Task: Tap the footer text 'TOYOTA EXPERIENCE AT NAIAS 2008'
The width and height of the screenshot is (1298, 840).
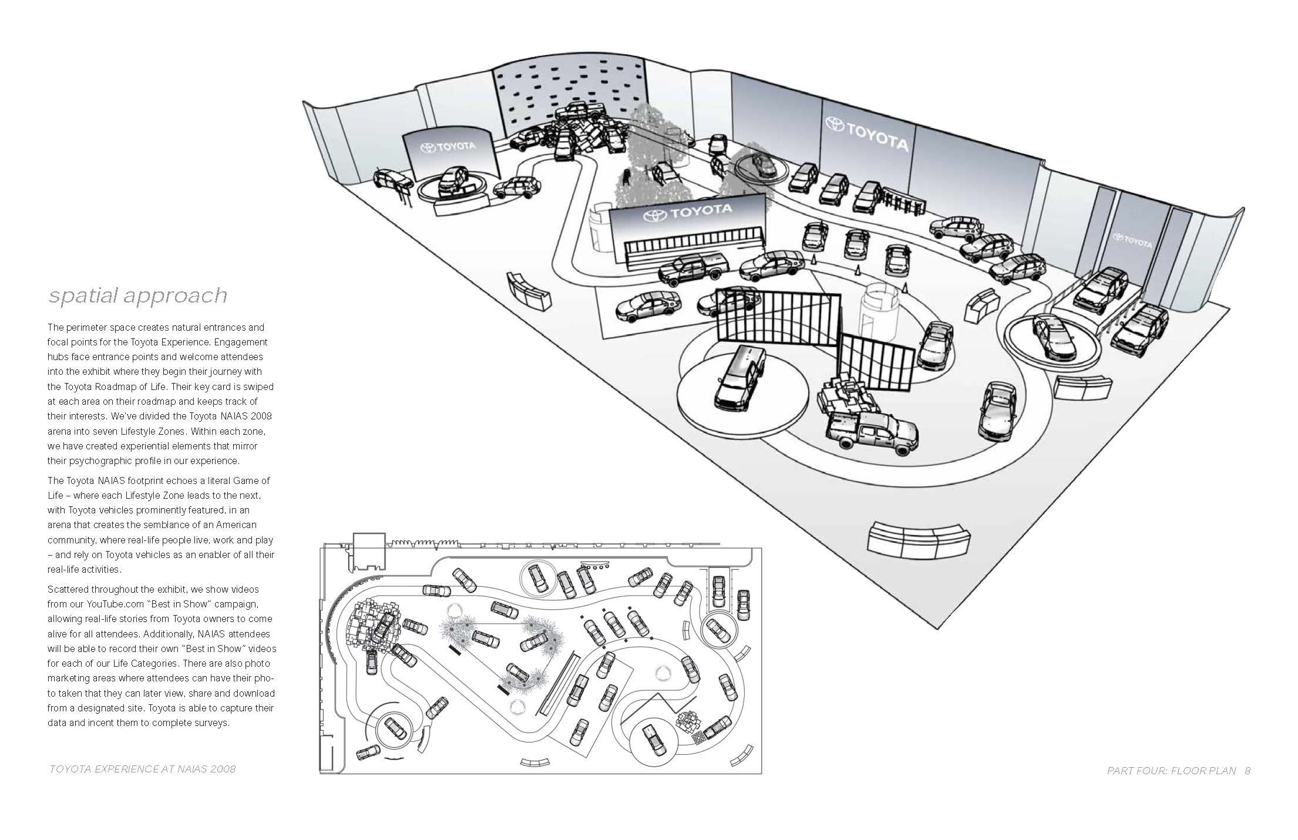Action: [x=142, y=769]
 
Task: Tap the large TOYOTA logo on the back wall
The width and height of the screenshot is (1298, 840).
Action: [x=867, y=133]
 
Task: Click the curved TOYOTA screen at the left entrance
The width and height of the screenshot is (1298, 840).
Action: [x=448, y=152]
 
